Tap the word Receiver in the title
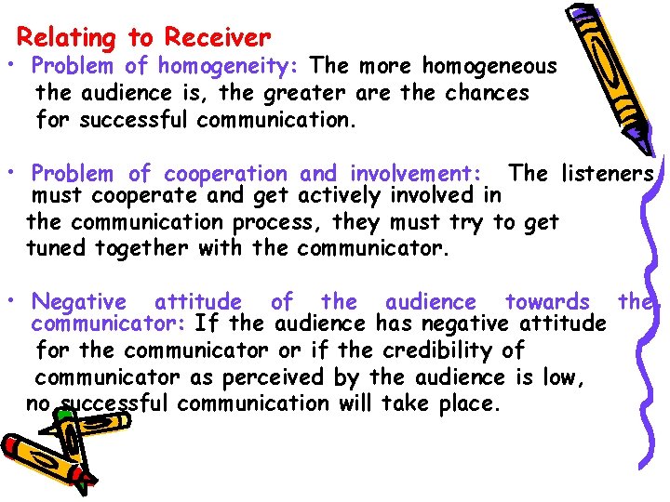(x=217, y=38)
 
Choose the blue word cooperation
(x=226, y=174)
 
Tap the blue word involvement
(x=413, y=174)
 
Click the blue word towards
(x=547, y=301)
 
